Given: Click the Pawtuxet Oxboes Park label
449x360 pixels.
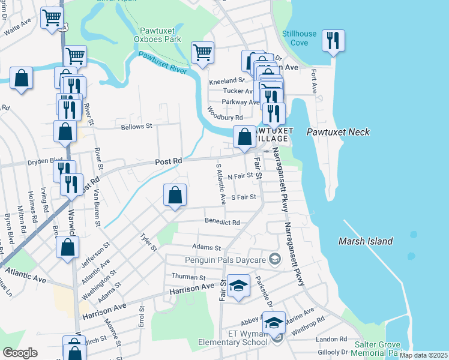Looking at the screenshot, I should [x=160, y=34].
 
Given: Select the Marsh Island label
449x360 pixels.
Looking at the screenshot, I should [x=365, y=241].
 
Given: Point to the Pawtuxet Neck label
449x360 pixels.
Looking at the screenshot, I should [x=338, y=132].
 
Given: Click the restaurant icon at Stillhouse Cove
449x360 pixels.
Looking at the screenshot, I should [x=332, y=41].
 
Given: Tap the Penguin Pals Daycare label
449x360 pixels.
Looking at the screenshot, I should [x=225, y=260].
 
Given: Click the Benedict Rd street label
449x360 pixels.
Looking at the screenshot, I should [x=222, y=222].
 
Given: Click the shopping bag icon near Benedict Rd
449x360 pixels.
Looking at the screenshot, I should [x=175, y=195].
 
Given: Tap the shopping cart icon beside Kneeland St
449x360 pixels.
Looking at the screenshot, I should [x=202, y=52].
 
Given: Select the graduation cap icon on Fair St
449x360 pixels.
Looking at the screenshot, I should [x=238, y=286].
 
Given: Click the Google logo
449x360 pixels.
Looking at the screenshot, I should [x=20, y=353].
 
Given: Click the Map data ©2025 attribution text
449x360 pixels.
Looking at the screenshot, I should [x=424, y=355].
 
